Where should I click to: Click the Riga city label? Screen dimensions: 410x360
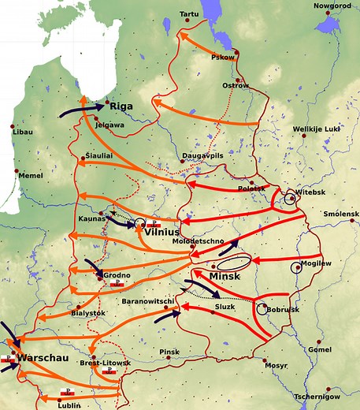[x=121, y=106]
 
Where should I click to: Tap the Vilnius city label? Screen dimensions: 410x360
[x=162, y=233]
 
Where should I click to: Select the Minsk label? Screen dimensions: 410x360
[x=227, y=278]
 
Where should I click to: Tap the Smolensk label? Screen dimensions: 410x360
[x=340, y=214]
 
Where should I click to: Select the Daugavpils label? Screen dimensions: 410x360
[x=203, y=156]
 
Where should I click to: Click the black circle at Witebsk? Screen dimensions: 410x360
[x=291, y=199]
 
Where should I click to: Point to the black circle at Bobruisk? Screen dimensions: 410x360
[x=262, y=309]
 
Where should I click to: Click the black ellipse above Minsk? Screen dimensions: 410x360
[x=234, y=263]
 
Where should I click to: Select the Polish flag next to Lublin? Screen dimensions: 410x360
[x=68, y=392]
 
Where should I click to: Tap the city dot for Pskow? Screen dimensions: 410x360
[x=236, y=52]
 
